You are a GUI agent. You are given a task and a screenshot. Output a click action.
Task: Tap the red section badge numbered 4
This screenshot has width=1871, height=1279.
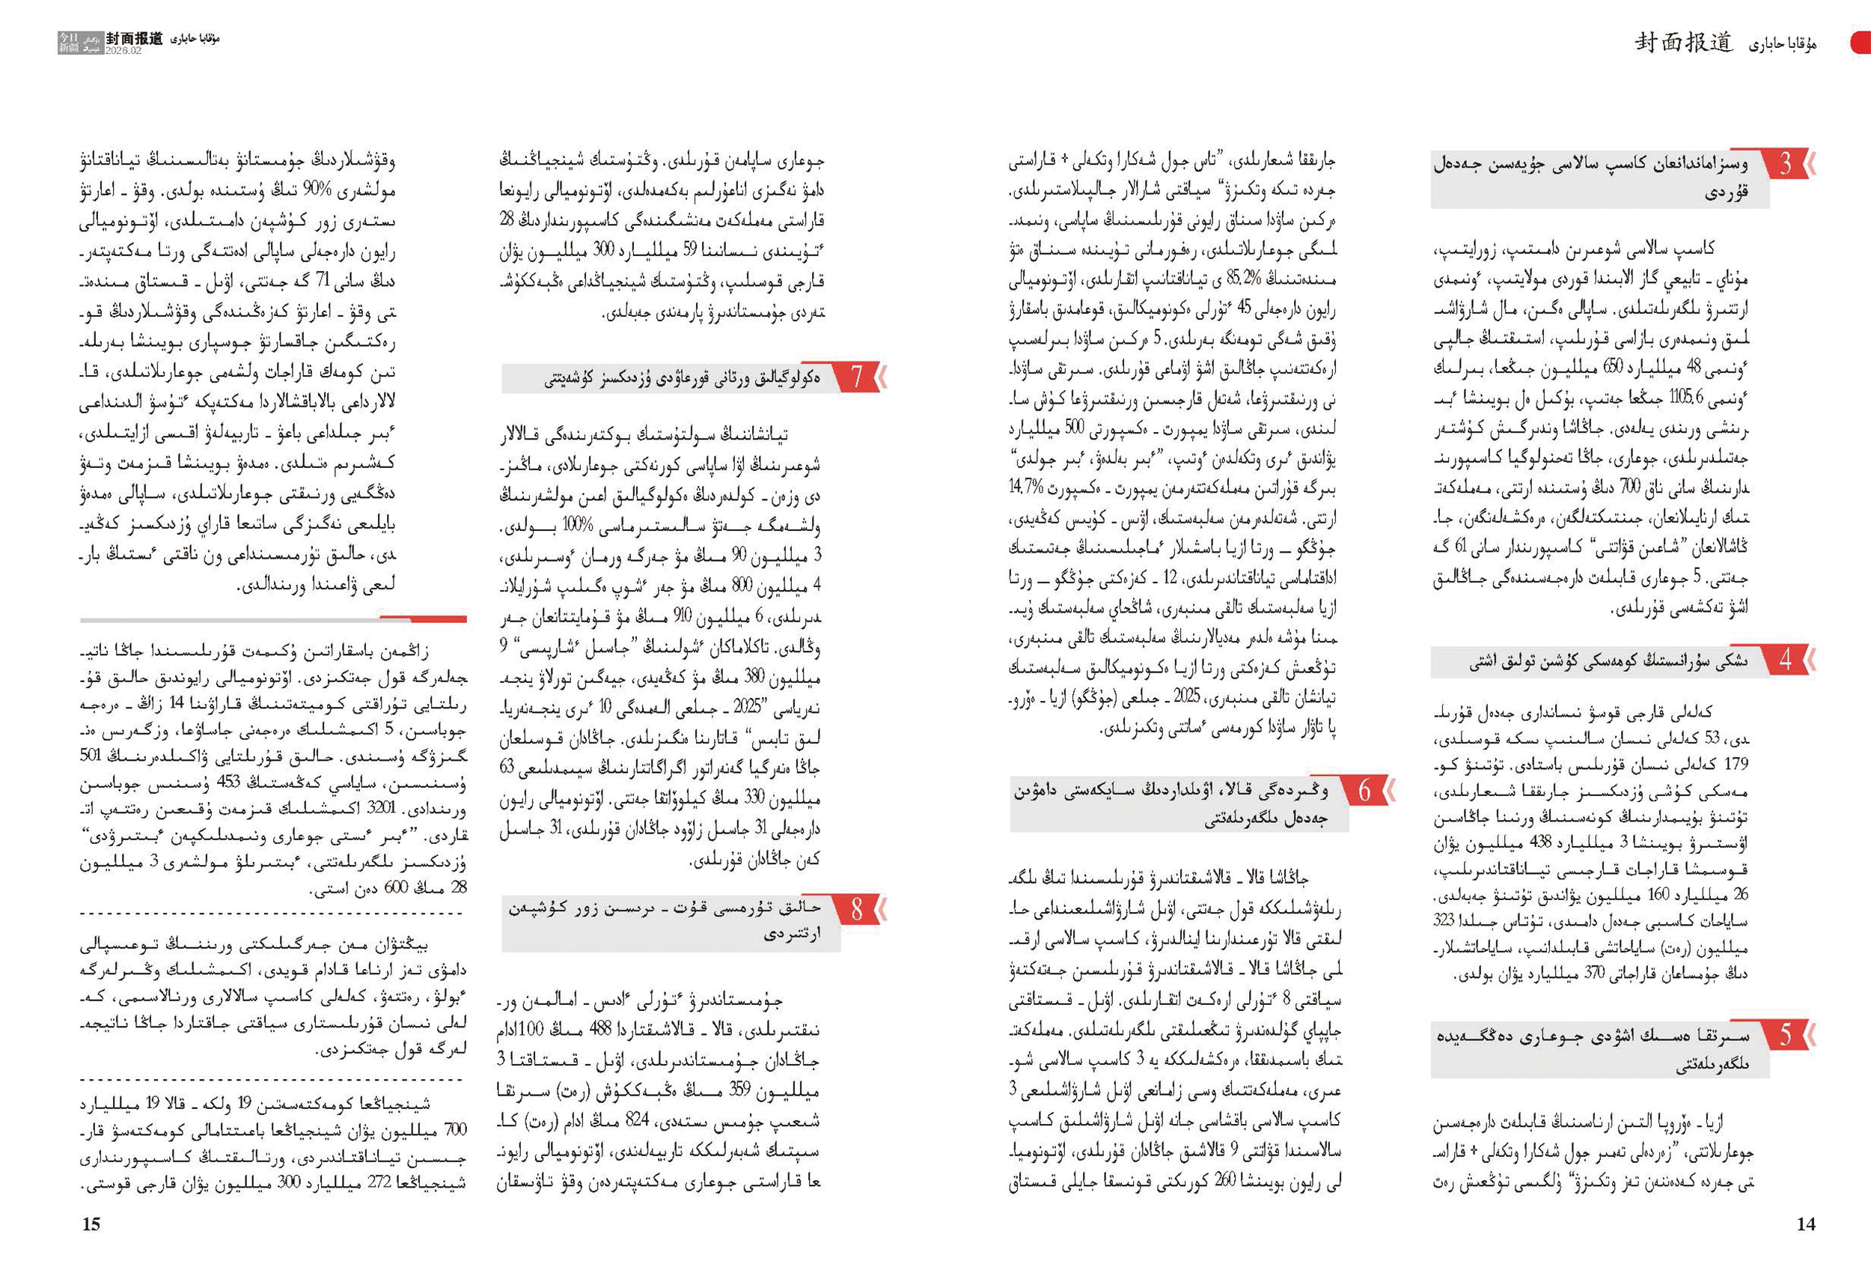pyautogui.click(x=1786, y=660)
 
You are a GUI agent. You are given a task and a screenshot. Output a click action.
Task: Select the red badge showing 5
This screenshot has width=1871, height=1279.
pyautogui.click(x=1786, y=1034)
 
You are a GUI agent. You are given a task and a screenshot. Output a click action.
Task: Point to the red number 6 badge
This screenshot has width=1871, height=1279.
pyautogui.click(x=1364, y=791)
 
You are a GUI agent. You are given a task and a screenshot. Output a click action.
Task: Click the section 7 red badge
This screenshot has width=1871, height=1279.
pyautogui.click(x=857, y=376)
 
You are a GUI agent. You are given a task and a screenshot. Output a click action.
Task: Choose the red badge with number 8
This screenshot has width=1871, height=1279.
pyautogui.click(x=857, y=909)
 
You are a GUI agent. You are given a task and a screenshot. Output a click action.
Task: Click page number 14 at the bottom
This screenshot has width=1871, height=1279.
pyautogui.click(x=1806, y=1224)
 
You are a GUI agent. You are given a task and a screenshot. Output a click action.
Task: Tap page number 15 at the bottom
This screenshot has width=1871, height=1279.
pyautogui.click(x=91, y=1224)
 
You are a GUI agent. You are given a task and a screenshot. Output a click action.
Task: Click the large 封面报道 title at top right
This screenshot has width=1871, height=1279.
pyautogui.click(x=1682, y=43)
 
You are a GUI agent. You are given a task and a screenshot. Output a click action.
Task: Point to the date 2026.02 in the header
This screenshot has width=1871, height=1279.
pyautogui.click(x=123, y=51)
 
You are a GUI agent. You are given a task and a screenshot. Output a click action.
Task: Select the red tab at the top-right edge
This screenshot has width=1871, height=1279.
pyautogui.click(x=1861, y=43)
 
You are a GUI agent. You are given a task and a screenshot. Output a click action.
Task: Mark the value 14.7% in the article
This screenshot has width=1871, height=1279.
pyautogui.click(x=1027, y=487)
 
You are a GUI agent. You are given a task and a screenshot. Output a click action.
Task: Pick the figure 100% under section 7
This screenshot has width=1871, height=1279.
pyautogui.click(x=577, y=526)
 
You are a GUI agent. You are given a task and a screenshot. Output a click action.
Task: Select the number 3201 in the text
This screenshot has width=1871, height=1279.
pyautogui.click(x=381, y=808)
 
